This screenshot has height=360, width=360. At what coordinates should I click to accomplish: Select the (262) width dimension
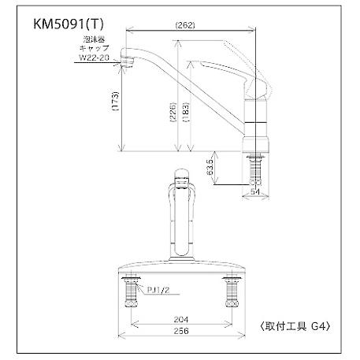pyautogui.click(x=186, y=26)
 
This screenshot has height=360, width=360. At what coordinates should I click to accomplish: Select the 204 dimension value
pyautogui.click(x=182, y=321)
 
